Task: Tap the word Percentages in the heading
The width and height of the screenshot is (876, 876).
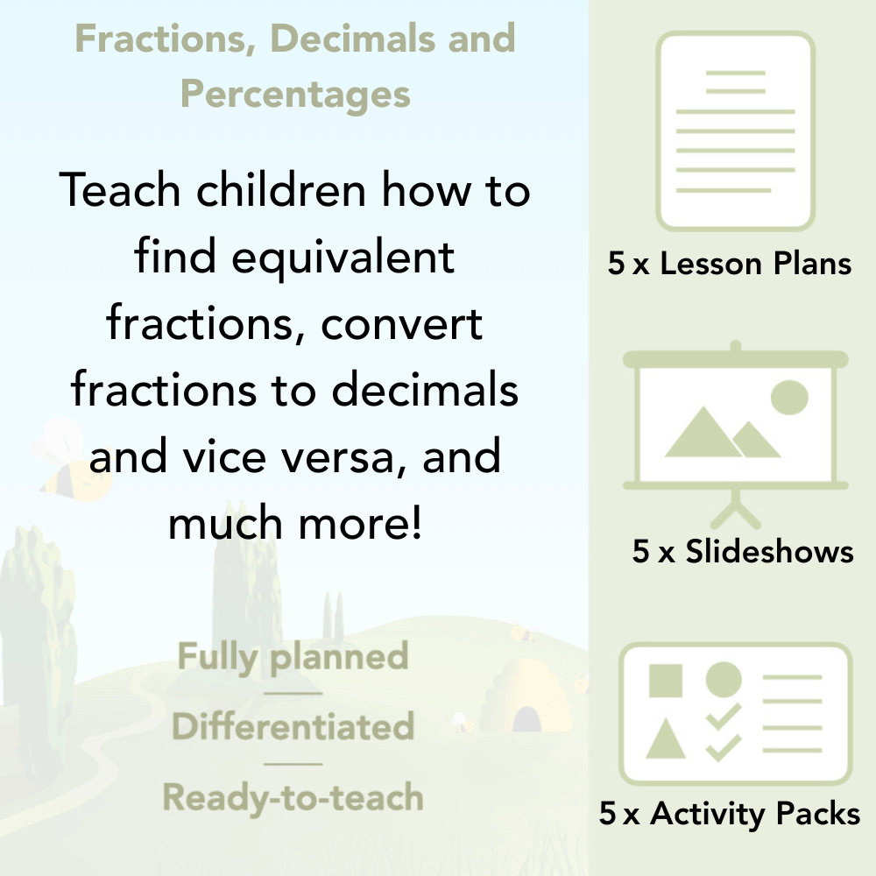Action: (295, 93)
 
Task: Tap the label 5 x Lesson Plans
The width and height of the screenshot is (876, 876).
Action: (730, 264)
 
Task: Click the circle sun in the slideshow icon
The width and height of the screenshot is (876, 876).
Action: (788, 396)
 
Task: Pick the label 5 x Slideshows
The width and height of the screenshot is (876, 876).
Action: (743, 551)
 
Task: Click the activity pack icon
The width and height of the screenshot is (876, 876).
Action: (736, 713)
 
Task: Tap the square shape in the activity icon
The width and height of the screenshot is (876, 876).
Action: (666, 681)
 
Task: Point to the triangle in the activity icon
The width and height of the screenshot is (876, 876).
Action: (666, 739)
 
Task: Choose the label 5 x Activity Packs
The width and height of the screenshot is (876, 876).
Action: (730, 814)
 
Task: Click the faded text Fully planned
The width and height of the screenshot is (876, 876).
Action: (293, 656)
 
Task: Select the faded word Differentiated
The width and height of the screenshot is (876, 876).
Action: (293, 726)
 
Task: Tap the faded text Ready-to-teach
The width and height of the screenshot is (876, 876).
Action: (293, 797)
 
